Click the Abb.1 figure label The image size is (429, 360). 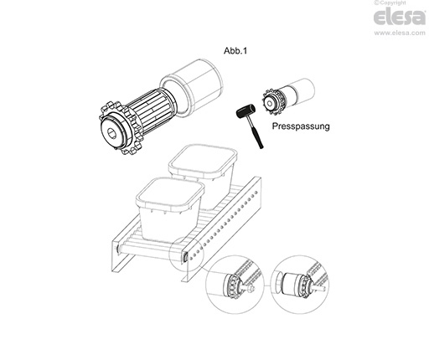pos(235,51)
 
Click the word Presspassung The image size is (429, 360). pos(301,126)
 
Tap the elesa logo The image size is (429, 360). pos(400,17)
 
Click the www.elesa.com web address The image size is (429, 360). pos(400,33)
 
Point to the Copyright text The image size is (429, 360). pos(390,3)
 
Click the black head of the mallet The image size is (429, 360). pos(246,111)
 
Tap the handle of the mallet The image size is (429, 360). pos(256,134)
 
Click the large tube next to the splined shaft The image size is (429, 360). pos(191,87)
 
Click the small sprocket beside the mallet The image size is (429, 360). pos(272,102)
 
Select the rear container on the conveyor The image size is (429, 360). pos(203,173)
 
